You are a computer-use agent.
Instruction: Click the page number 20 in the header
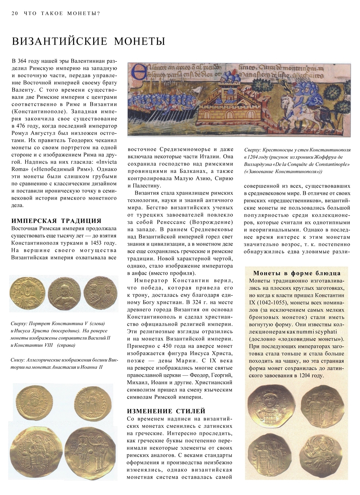tap(14, 14)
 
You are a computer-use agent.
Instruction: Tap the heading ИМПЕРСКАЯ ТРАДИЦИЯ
tap(56, 221)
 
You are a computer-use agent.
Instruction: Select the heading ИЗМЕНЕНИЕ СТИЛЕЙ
tap(166, 411)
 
